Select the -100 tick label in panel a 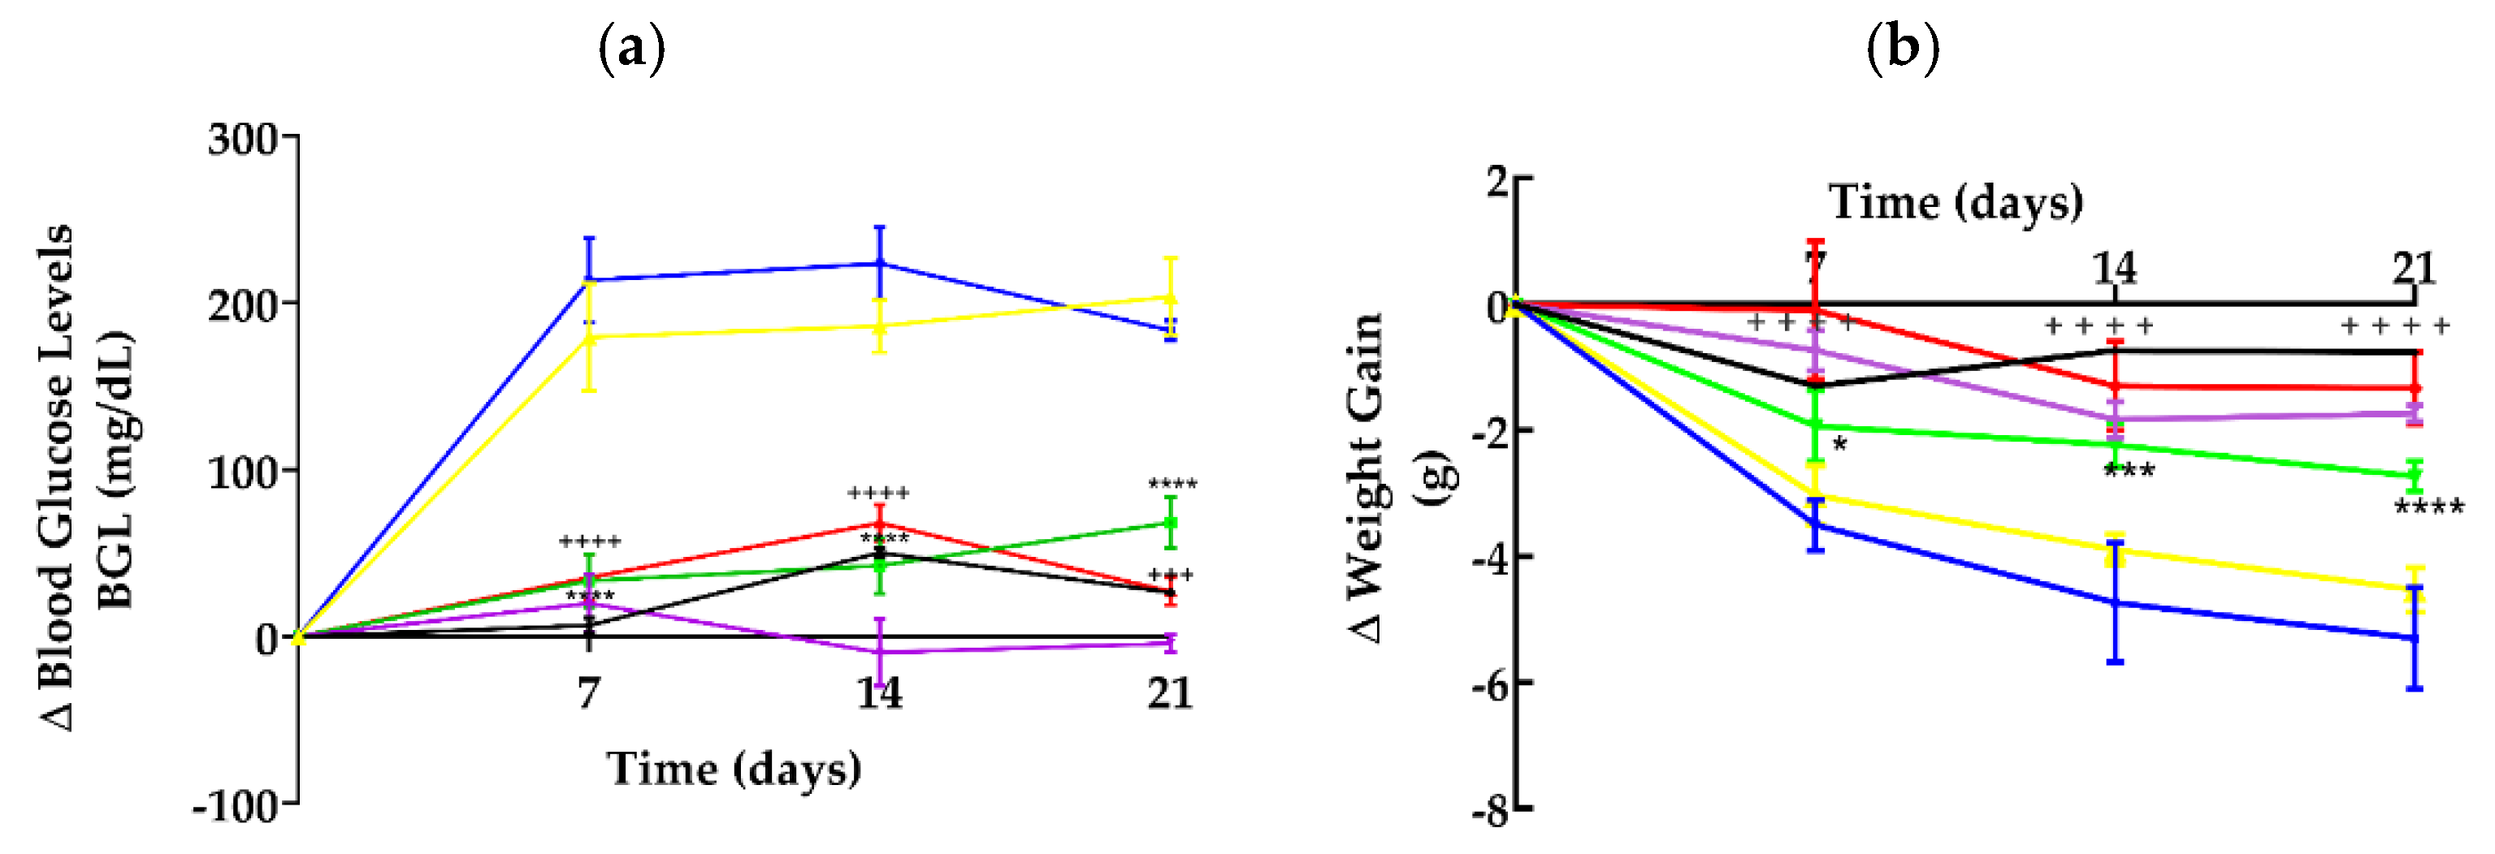(x=236, y=805)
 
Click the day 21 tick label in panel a (x=1170, y=693)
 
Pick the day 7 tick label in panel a (x=589, y=693)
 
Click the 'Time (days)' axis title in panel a (x=734, y=769)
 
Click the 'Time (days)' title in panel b (x=1955, y=202)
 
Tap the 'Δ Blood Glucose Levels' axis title (x=56, y=477)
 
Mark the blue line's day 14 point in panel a (x=879, y=263)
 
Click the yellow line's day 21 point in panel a (x=1170, y=297)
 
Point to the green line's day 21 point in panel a (x=1170, y=524)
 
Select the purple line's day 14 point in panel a (x=879, y=652)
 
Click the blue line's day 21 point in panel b (x=2415, y=638)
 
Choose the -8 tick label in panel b (x=1491, y=812)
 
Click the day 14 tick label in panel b (x=2114, y=268)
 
